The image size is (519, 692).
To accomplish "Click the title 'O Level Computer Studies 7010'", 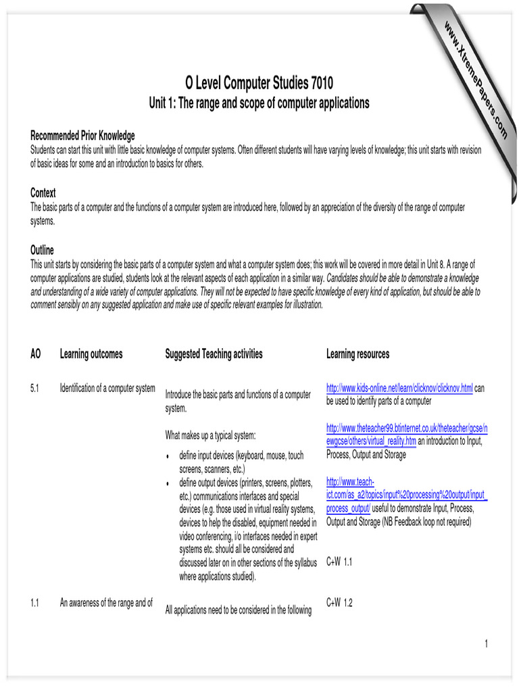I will (259, 84).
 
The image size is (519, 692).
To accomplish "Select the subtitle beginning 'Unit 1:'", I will (259, 103).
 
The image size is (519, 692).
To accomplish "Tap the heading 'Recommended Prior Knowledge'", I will (82, 136).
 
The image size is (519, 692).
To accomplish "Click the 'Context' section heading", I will (43, 193).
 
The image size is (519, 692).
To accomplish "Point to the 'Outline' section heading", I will (42, 250).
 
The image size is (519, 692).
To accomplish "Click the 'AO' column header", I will (36, 354).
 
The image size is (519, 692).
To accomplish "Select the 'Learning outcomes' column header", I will (91, 354).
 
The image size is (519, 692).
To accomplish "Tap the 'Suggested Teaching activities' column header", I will (214, 354).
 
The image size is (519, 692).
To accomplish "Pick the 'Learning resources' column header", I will (357, 354).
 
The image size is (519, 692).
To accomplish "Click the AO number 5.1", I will (35, 389).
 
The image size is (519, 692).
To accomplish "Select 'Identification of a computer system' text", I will (107, 389).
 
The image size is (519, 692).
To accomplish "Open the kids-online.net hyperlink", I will (399, 389).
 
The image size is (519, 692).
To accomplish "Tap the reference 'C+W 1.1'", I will (339, 562).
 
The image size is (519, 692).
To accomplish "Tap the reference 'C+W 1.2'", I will (339, 603).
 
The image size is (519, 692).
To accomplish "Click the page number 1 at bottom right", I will (485, 644).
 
